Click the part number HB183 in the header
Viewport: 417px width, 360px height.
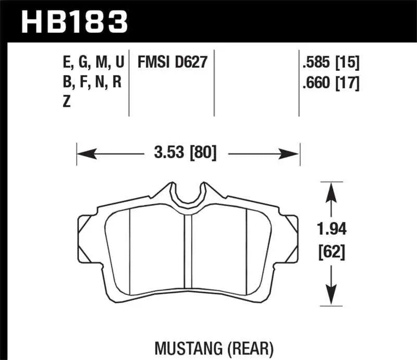pos(73,21)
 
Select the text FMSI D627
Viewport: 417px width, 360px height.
pos(172,63)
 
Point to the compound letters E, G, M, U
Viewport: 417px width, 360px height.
pos(93,63)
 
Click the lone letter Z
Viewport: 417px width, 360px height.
pos(67,102)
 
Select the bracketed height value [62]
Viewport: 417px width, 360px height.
pos(331,254)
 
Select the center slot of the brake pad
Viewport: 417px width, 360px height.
pos(188,258)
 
